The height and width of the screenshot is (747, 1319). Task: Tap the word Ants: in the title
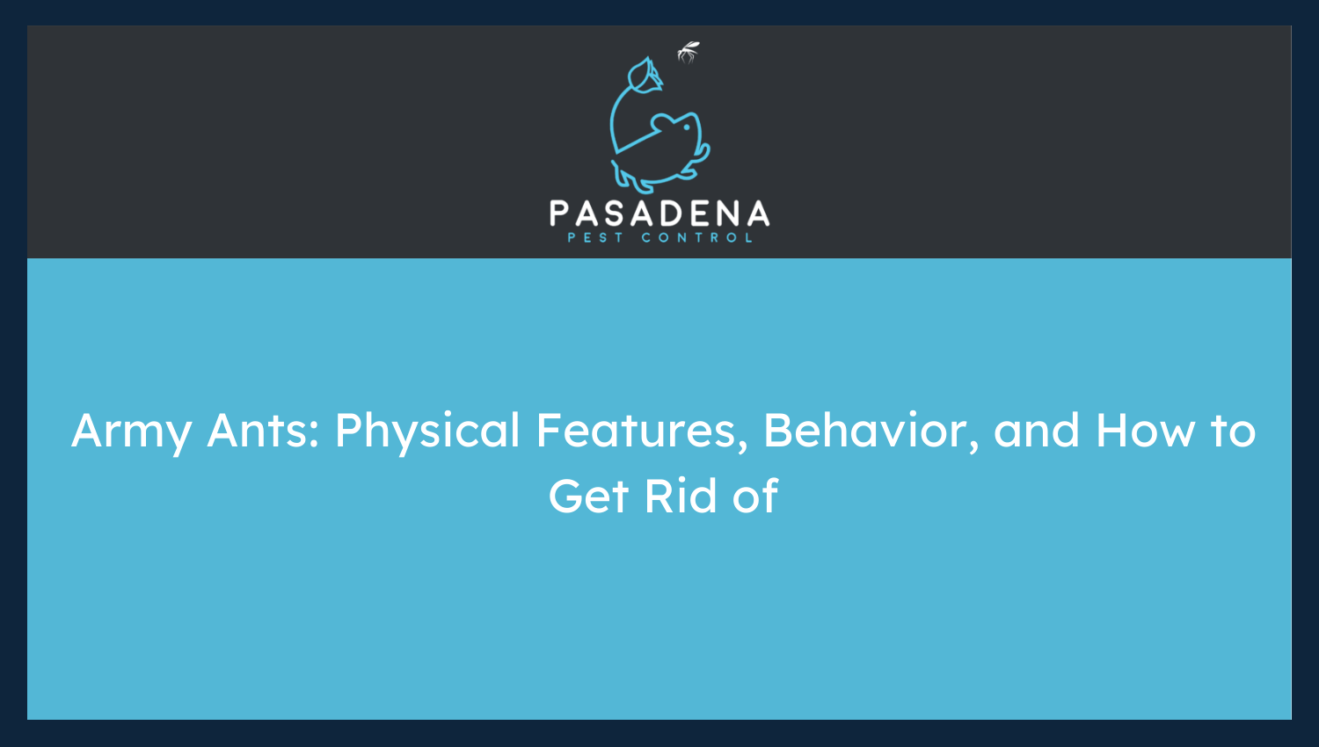pyautogui.click(x=263, y=430)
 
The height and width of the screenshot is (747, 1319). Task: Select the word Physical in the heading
pyautogui.click(x=427, y=432)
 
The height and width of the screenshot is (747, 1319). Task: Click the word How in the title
pyautogui.click(x=1145, y=431)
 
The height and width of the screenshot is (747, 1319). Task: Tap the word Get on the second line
pyautogui.click(x=588, y=497)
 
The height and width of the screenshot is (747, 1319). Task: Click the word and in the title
pyautogui.click(x=1037, y=431)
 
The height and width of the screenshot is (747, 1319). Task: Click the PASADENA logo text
pyautogui.click(x=659, y=214)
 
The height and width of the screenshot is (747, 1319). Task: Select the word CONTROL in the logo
pyautogui.click(x=696, y=238)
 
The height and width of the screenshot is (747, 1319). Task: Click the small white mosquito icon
pyautogui.click(x=689, y=53)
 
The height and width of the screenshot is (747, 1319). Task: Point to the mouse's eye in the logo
pyautogui.click(x=686, y=127)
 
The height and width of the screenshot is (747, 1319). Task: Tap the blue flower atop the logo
pyautogui.click(x=645, y=76)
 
